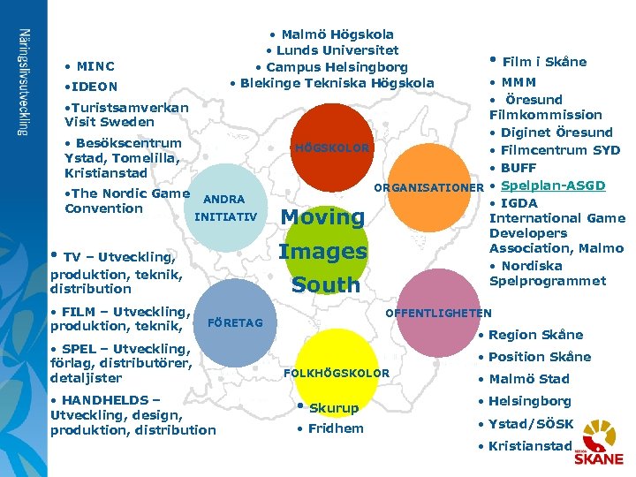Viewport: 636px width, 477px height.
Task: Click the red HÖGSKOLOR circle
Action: click(x=333, y=141)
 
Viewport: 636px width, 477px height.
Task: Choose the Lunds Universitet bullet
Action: click(x=332, y=50)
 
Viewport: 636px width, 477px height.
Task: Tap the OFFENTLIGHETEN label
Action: click(x=439, y=312)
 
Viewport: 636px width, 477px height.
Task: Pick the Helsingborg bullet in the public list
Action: click(x=529, y=401)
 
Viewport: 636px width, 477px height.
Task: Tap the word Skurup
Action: click(x=333, y=408)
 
